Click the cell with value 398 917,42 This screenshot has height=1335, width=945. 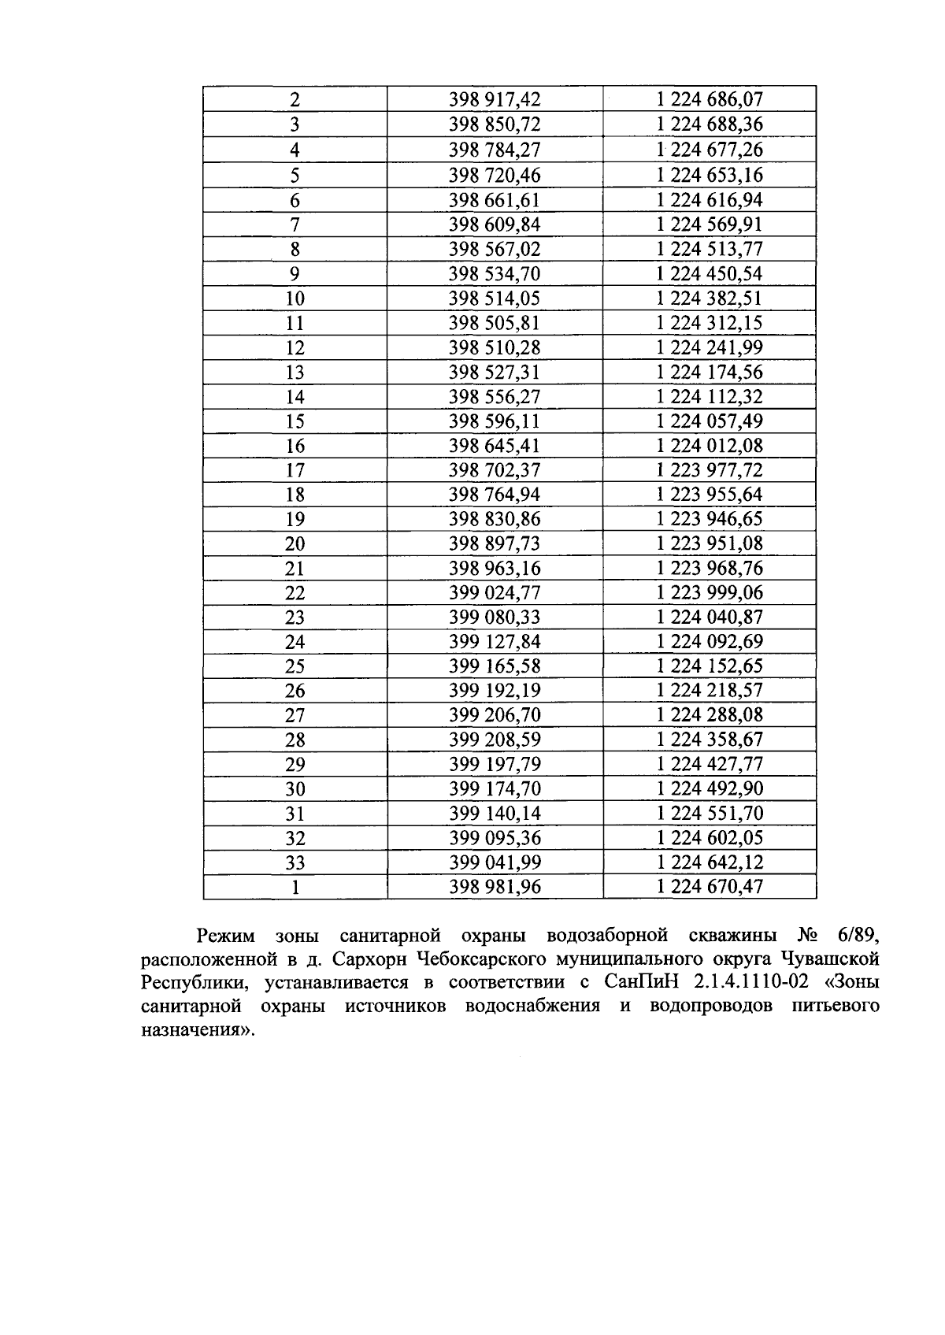click(495, 100)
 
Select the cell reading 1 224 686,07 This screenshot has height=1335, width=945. click(710, 100)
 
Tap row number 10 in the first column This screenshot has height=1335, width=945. click(295, 299)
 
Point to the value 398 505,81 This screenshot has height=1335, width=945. click(495, 323)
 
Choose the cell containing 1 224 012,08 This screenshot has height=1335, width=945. click(710, 446)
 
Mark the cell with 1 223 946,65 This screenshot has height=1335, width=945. click(710, 519)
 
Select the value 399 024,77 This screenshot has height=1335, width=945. click(495, 593)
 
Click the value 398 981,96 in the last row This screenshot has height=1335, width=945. click(495, 888)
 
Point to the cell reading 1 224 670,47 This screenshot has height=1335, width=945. click(710, 888)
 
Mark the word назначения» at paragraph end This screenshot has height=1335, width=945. click(198, 1030)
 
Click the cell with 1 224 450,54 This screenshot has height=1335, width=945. click(710, 274)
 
